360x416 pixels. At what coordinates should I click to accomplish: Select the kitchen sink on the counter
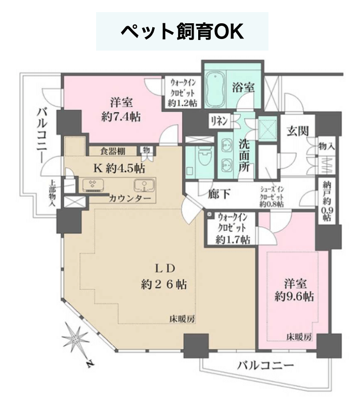pos(144,185)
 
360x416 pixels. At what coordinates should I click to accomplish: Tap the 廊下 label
pos(219,194)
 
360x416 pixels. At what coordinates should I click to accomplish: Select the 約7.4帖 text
pos(121,116)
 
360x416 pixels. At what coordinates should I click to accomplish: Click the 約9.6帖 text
pos(294,296)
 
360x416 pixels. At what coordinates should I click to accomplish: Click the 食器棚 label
pos(113,151)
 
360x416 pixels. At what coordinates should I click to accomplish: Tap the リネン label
pos(219,121)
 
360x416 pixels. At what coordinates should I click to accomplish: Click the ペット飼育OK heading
pos(182,31)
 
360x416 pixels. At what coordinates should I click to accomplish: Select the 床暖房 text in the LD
pos(182,319)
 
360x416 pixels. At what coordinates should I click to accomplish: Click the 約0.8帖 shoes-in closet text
pos(272,204)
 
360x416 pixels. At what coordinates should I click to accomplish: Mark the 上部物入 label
pos(52,193)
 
